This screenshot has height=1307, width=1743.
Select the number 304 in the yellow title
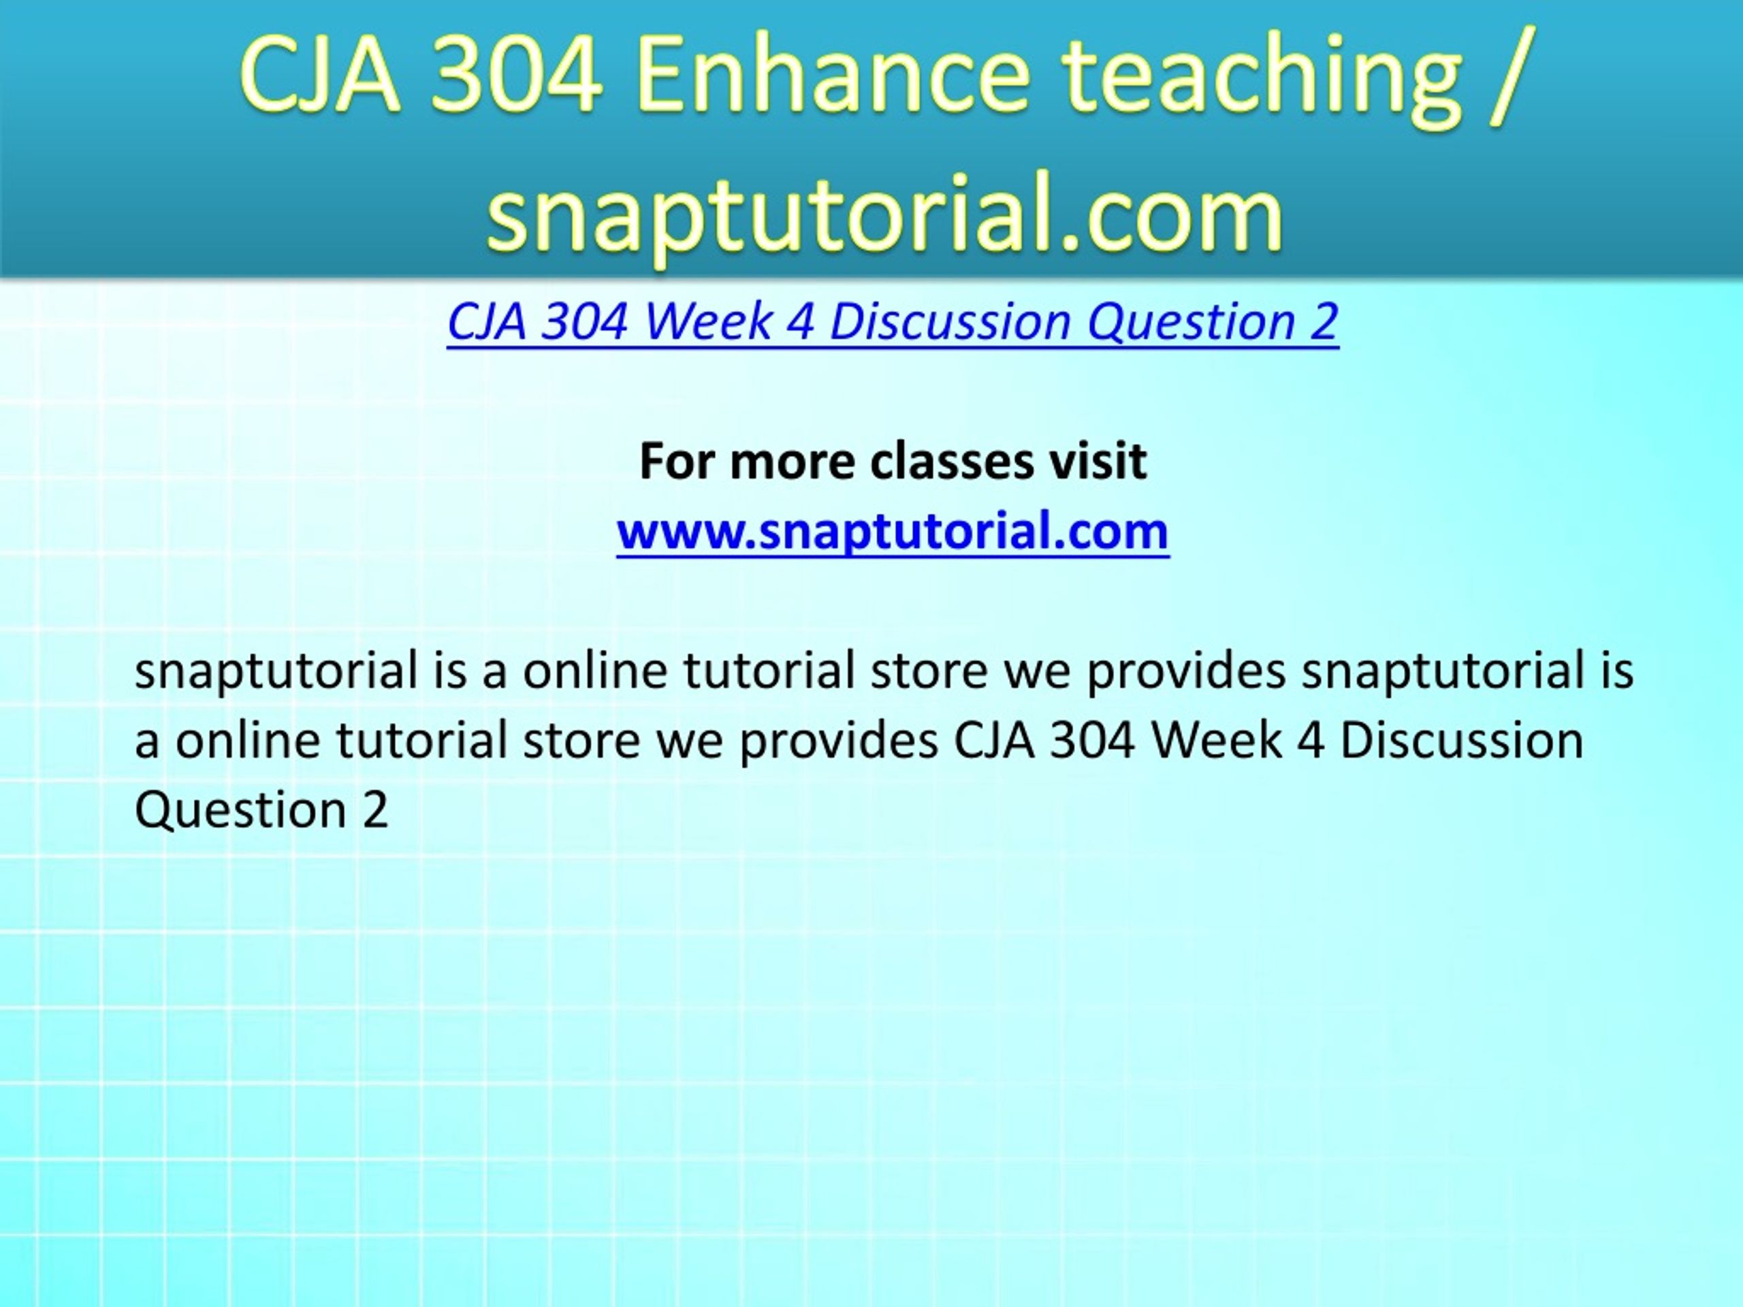click(515, 76)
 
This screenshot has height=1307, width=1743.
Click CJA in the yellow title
click(320, 76)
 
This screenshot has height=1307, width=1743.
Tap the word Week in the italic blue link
click(707, 321)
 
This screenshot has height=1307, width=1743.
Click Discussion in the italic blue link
click(950, 321)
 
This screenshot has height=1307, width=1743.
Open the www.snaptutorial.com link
click(893, 531)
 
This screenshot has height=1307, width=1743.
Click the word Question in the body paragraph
click(240, 809)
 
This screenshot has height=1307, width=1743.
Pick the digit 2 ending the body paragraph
click(376, 809)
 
